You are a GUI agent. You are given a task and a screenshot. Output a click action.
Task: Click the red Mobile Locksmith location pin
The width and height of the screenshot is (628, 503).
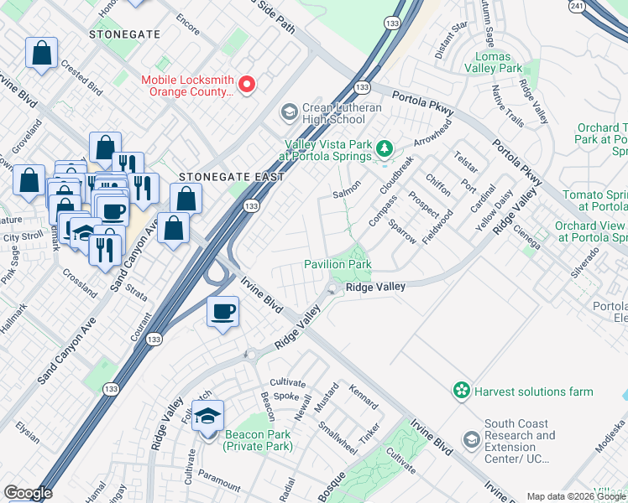[248, 84]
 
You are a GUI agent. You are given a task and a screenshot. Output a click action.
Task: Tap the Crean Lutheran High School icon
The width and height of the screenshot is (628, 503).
[289, 112]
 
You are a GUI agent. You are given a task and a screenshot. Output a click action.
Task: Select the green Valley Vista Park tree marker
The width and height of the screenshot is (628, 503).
[385, 148]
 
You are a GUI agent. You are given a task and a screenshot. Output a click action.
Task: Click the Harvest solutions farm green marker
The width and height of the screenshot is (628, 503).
[460, 391]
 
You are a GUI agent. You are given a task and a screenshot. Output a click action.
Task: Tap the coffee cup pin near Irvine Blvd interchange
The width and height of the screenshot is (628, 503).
[222, 313]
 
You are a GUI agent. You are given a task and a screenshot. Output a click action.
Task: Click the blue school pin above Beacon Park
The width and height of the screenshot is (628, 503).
[207, 415]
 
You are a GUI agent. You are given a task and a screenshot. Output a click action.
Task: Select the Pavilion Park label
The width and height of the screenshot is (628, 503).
[338, 265]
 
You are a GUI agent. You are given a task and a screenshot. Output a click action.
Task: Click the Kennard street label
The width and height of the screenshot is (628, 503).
[364, 397]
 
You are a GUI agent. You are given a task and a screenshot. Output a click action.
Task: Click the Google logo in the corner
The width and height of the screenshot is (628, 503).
[27, 493]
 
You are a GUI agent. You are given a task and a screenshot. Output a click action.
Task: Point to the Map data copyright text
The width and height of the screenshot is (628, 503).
[576, 496]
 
